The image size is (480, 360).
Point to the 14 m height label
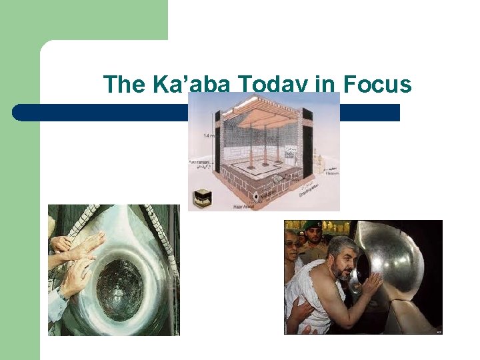tap(209, 136)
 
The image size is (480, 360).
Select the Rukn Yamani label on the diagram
tap(201, 163)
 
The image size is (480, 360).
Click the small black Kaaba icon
tap(203, 197)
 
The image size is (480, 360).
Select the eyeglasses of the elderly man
tap(291, 245)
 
